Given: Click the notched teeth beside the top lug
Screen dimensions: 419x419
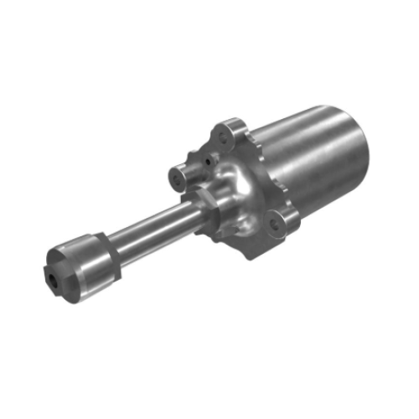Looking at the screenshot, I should pos(251,138).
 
